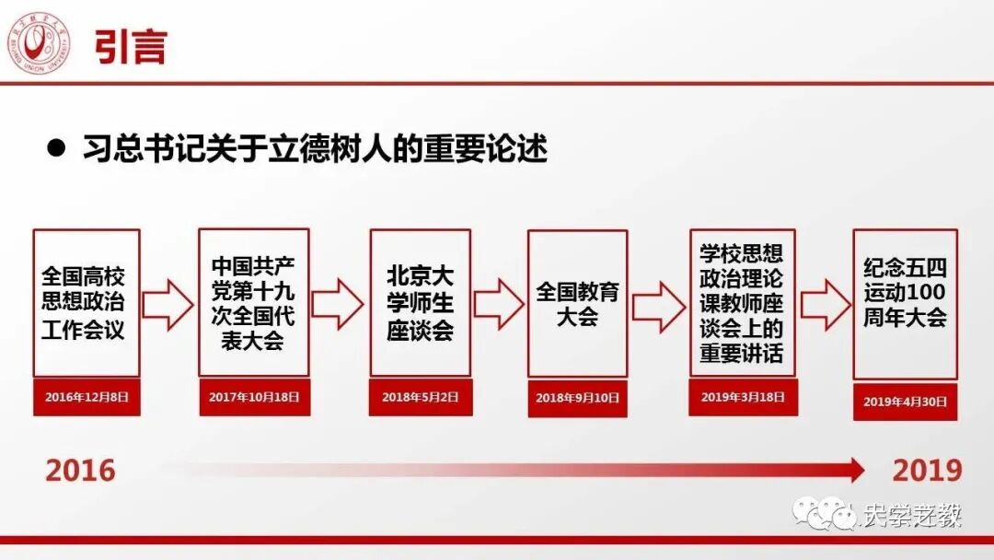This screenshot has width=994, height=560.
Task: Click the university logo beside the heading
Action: pyautogui.click(x=39, y=42)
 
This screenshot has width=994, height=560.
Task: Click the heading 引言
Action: pyautogui.click(x=130, y=46)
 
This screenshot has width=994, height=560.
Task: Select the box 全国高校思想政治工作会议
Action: pyautogui.click(x=87, y=302)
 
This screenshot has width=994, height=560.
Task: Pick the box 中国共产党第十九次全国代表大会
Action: pyautogui.click(x=254, y=302)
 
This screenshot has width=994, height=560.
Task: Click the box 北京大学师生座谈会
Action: pyautogui.click(x=421, y=302)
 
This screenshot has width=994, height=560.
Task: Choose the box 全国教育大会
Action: pyautogui.click(x=578, y=303)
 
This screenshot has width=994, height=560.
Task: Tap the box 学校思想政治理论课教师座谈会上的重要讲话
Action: pyautogui.click(x=743, y=303)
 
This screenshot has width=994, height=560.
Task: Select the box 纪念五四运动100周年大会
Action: pyautogui.click(x=906, y=304)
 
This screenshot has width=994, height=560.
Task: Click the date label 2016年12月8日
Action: pyautogui.click(x=87, y=397)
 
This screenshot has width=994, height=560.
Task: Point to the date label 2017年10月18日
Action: pyautogui.click(x=254, y=397)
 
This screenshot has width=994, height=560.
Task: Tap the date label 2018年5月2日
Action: pyautogui.click(x=421, y=397)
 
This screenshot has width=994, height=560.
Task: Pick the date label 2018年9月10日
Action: pyautogui.click(x=578, y=399)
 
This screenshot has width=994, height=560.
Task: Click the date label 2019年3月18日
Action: pyautogui.click(x=743, y=397)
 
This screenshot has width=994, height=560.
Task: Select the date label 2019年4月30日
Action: pyautogui.click(x=906, y=402)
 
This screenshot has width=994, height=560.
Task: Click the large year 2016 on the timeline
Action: pyautogui.click(x=81, y=471)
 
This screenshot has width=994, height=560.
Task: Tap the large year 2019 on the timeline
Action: pyautogui.click(x=927, y=471)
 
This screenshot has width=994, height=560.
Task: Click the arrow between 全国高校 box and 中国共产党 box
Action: pyautogui.click(x=168, y=304)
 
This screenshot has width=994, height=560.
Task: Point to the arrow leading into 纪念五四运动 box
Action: pyautogui.click(x=825, y=304)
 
